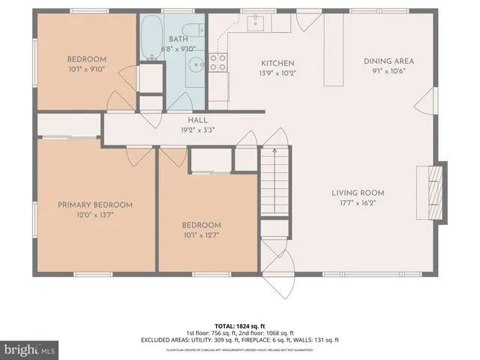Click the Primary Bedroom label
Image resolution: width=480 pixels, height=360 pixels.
coord(95,205)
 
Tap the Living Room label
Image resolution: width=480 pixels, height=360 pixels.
coord(358,193)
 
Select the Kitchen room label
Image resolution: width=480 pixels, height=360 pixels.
coord(277,63)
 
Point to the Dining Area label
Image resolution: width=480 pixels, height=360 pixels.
coord(388,61)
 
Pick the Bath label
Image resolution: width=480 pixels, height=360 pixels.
coord(178,39)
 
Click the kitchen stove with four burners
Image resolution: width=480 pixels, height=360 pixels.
coord(218,64)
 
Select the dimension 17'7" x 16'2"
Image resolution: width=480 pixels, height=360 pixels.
coord(358,202)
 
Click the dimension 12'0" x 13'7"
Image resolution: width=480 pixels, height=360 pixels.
coord(95,214)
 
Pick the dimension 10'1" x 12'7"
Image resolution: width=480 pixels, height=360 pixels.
coord(201,235)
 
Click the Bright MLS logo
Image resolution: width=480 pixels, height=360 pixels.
coord(30,349)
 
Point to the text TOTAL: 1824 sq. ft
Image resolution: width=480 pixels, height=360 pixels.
coord(239,325)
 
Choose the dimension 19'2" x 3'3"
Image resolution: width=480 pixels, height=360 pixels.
coord(197,129)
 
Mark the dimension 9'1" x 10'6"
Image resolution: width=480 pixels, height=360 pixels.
coord(388,72)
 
